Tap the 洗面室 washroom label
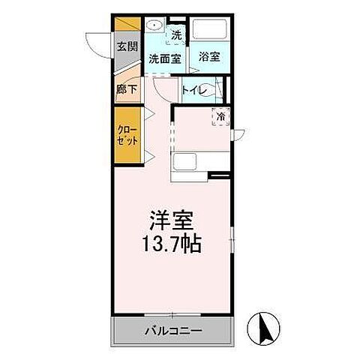point(163,58)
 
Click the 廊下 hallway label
point(125,88)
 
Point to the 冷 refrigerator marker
point(221,116)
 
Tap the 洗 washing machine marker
point(176,34)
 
